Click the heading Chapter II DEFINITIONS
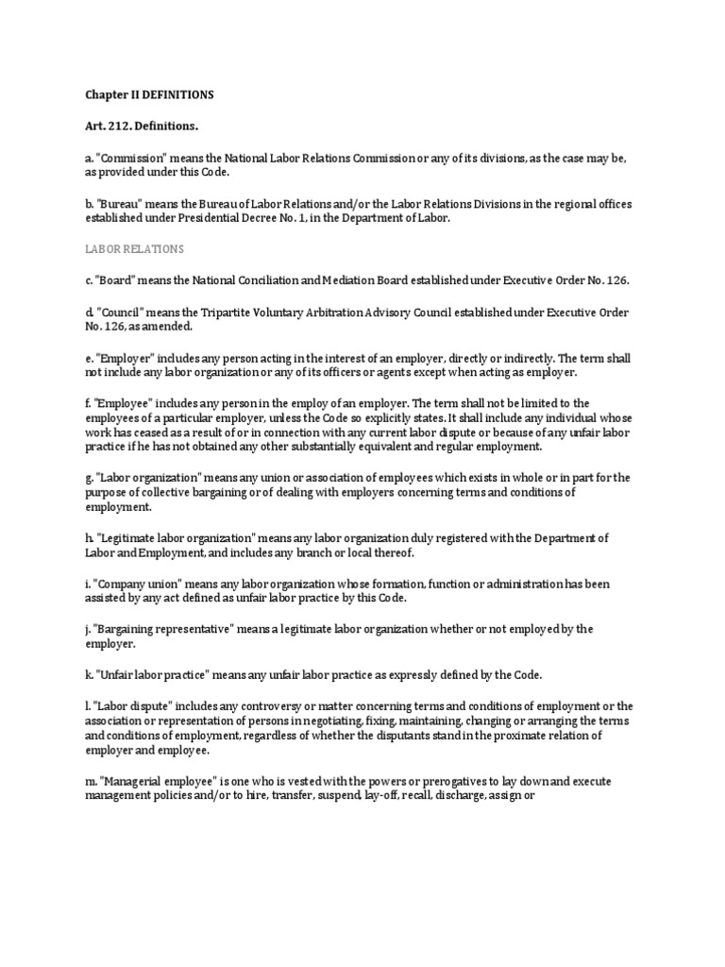click(x=145, y=95)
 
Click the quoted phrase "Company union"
click(x=129, y=584)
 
